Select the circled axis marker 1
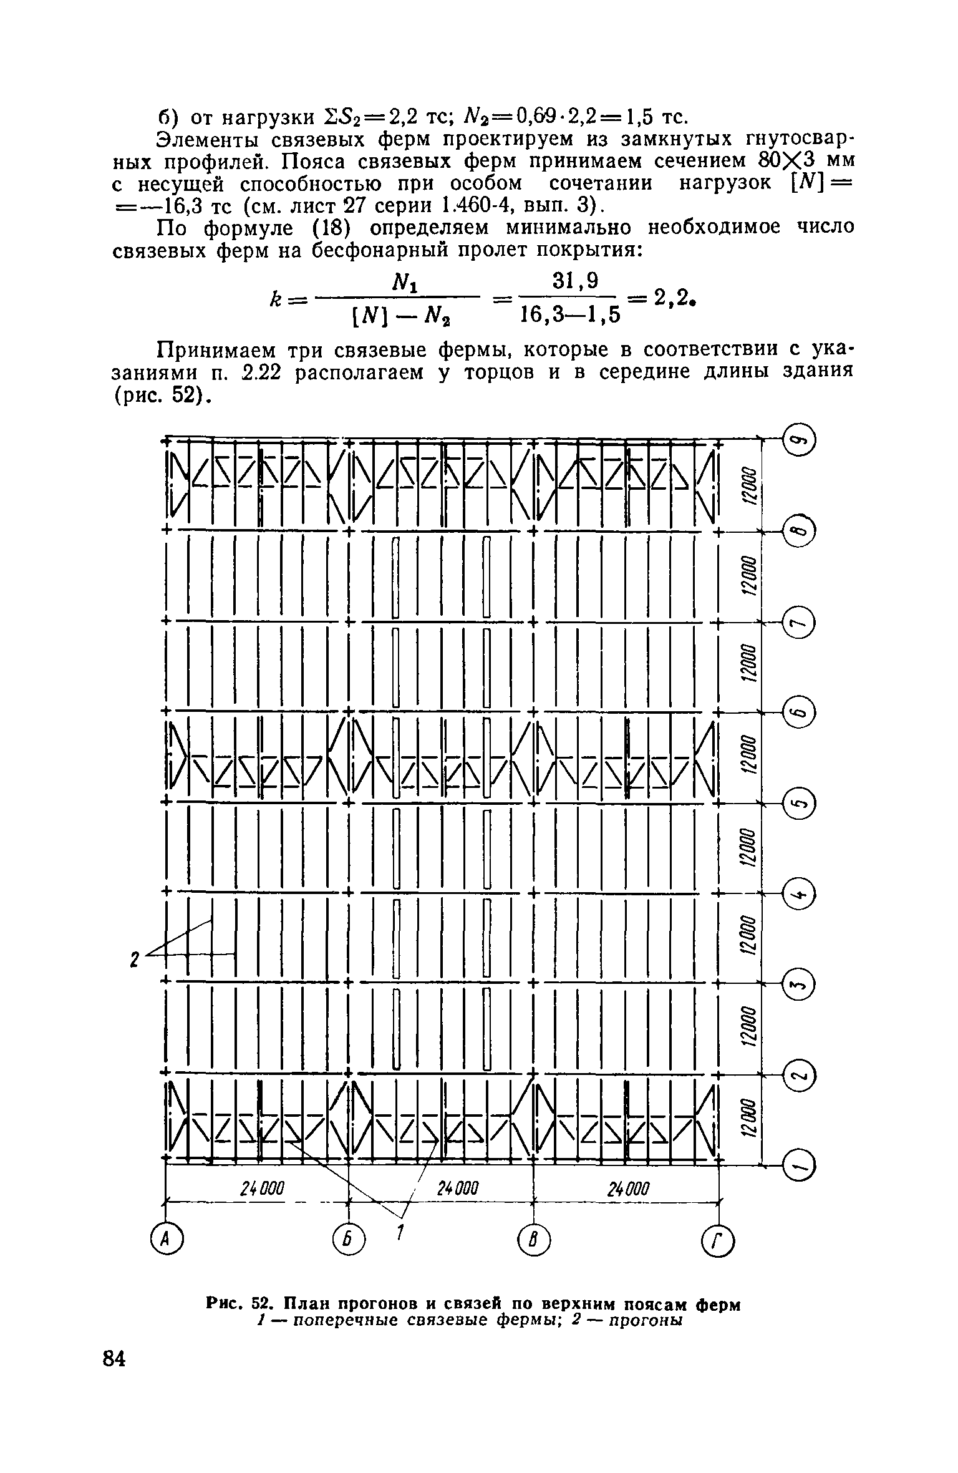click(x=799, y=1165)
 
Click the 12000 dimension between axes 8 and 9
click(x=749, y=485)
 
